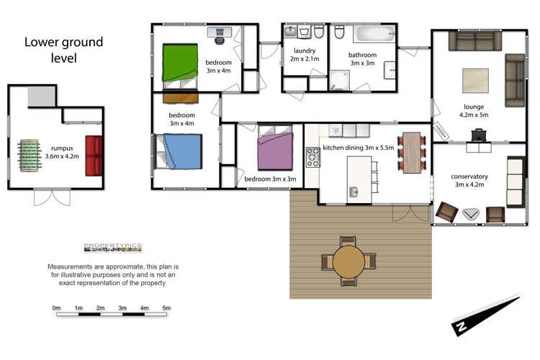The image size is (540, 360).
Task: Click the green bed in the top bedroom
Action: click(180, 62)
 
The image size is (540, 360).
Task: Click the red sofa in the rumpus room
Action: click(94, 156)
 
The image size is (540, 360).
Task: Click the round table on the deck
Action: click(348, 262)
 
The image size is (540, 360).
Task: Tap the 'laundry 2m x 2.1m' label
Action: click(305, 55)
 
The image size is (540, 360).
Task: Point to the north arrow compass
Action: click(487, 316)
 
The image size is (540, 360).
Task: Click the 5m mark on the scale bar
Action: click(166, 308)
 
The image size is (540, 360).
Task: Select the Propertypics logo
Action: click(113, 247)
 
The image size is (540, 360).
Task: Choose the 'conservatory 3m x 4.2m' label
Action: click(469, 181)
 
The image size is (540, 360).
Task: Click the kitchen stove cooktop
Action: click(312, 156)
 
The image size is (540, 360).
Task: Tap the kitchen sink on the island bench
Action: click(354, 192)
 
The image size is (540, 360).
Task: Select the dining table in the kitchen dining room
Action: click(411, 153)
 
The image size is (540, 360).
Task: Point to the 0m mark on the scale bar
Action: click(56, 308)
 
